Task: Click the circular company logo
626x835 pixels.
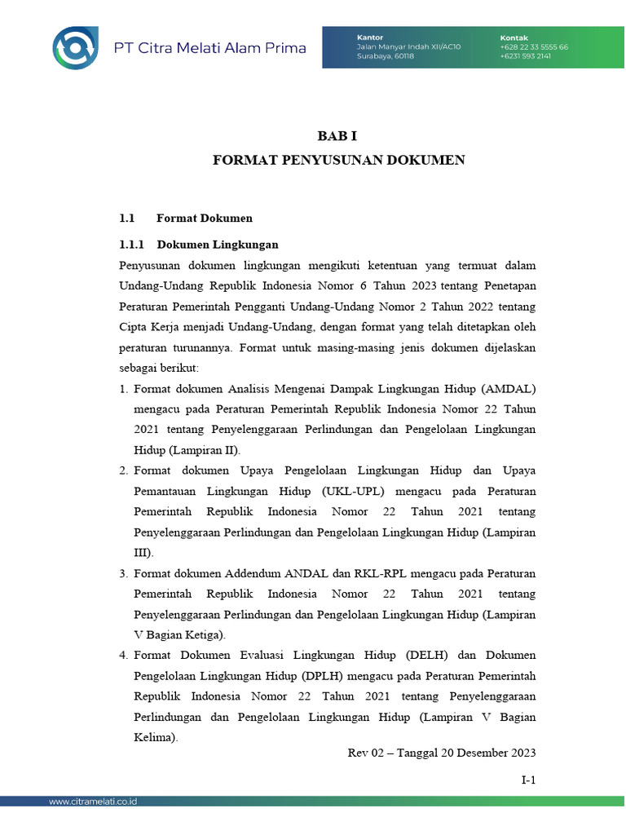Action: click(76, 47)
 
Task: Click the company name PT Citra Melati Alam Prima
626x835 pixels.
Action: click(209, 48)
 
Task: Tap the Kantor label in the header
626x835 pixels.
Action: click(369, 38)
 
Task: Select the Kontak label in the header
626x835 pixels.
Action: click(514, 38)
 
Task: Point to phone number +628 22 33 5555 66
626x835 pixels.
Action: click(534, 47)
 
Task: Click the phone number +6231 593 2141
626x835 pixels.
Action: click(526, 56)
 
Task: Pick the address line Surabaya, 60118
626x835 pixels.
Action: click(386, 56)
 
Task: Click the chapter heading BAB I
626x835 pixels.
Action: click(337, 138)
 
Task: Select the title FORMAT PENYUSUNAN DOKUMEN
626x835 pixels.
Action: click(338, 160)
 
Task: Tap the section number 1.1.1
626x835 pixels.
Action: click(131, 244)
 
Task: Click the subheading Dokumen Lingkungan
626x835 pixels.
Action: click(218, 244)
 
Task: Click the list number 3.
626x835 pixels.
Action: click(123, 573)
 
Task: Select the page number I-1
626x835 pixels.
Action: click(528, 780)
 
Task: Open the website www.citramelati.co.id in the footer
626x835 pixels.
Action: click(92, 802)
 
